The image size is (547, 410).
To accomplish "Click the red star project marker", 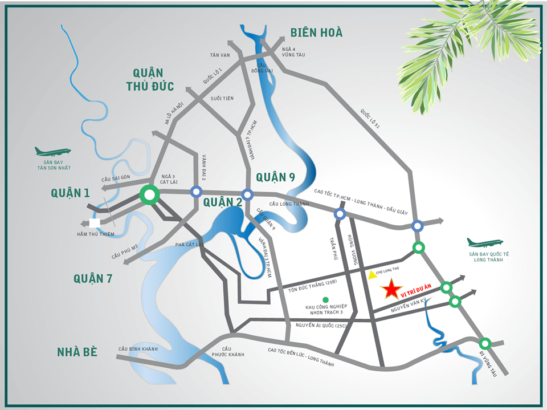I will pos(391,290).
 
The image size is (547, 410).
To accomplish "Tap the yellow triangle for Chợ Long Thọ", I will pos(372,275).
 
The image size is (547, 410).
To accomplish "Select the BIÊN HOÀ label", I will pos(316,33).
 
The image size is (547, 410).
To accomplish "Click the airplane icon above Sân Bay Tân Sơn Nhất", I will pos(52,152).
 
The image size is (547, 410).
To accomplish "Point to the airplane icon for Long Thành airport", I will pos(485,243).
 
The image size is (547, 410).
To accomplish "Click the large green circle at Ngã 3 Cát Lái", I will pos(149,196).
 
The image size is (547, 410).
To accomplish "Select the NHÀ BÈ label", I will pos(77,351).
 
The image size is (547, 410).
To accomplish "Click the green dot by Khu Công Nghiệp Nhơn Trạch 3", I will pos(325,300).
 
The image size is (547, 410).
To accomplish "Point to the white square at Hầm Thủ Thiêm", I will pos(95,223).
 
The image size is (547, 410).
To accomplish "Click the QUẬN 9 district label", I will pos(275,177).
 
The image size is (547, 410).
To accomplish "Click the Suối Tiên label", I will pos(222,98).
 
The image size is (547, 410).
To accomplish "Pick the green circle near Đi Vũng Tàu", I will pos(485,343).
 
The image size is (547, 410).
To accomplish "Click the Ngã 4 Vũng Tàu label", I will pos(293,52).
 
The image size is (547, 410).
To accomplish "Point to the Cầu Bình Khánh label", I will pos(138,348).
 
